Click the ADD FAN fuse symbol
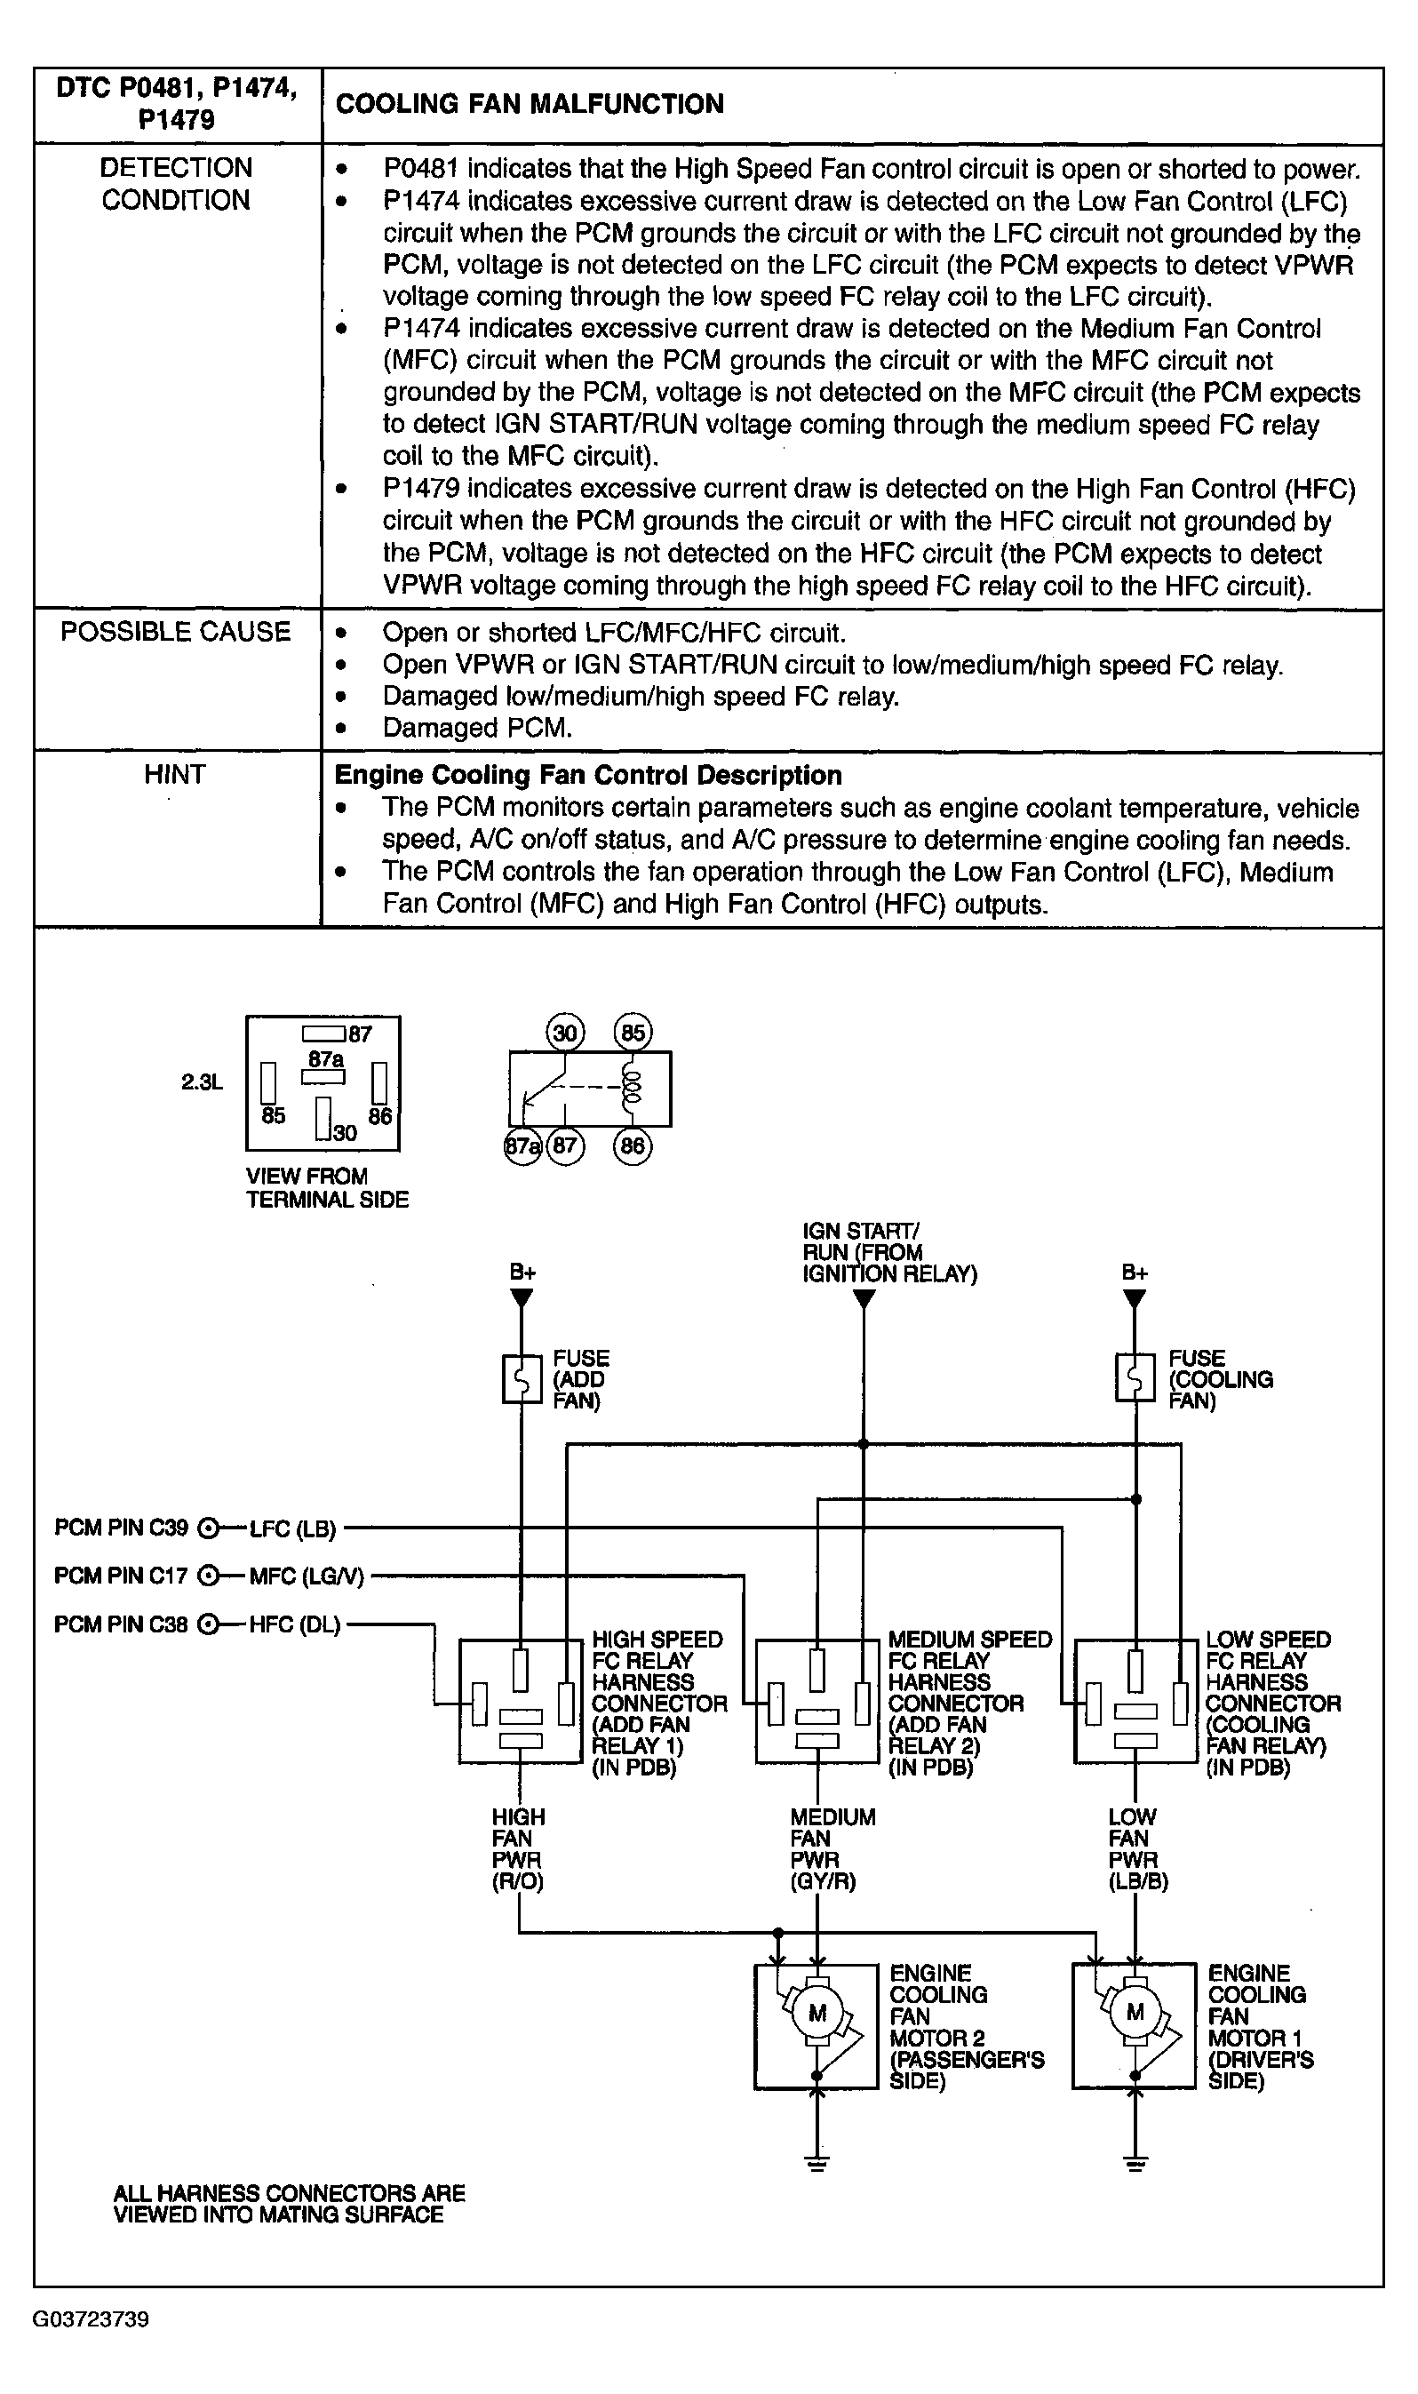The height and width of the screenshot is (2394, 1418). [x=522, y=1379]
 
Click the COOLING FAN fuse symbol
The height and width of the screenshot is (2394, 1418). [x=1135, y=1379]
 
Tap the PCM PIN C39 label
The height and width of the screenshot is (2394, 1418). [x=122, y=1528]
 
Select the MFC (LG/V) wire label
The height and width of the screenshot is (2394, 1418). [x=307, y=1576]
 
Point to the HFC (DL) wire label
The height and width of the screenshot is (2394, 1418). [x=294, y=1624]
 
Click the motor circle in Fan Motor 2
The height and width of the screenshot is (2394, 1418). [x=817, y=2014]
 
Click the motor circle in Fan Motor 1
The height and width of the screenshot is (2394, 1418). [x=1135, y=2014]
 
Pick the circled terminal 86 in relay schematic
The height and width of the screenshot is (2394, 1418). [x=633, y=1145]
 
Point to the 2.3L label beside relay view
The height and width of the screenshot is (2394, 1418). [x=202, y=1082]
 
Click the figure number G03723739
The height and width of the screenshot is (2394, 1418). [x=91, y=2319]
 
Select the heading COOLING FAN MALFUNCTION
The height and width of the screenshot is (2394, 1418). [x=530, y=104]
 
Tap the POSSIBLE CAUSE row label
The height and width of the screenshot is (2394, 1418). [x=176, y=632]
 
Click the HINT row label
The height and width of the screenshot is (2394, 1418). [x=175, y=774]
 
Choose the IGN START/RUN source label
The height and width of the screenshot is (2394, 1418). [x=889, y=1252]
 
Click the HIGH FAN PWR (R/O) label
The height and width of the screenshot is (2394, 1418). [x=518, y=1849]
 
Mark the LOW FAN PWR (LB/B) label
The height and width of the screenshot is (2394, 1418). [x=1138, y=1849]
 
